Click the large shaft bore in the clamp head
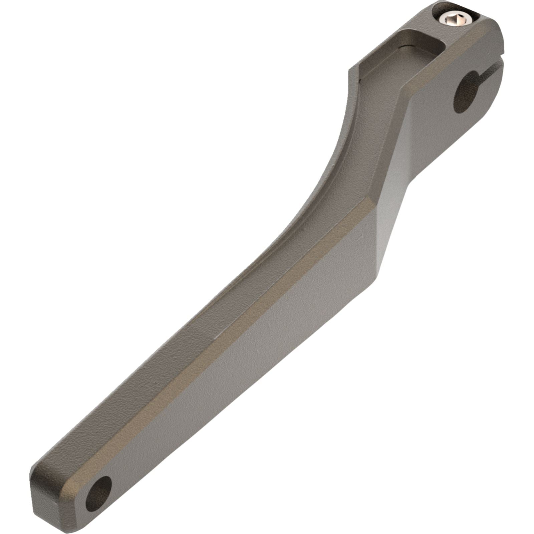(466, 91)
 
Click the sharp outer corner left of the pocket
(349, 72)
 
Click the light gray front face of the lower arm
(234, 384)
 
